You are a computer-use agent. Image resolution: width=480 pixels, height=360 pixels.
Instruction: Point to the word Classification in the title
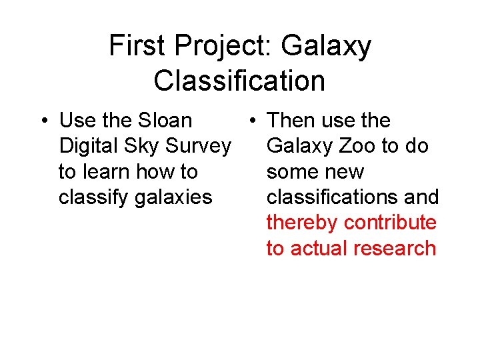click(x=239, y=81)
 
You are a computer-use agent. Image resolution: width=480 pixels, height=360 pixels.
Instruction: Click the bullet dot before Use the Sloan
click(x=43, y=121)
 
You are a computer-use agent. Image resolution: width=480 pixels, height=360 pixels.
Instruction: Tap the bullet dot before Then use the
click(x=251, y=121)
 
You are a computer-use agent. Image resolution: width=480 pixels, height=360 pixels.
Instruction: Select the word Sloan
click(x=165, y=121)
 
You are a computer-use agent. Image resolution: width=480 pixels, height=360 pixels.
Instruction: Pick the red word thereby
click(x=297, y=223)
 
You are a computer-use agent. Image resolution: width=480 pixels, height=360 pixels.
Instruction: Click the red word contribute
click(x=389, y=223)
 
